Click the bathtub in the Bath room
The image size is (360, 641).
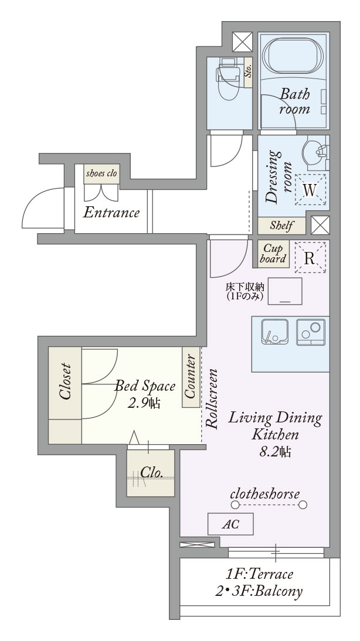pyautogui.click(x=293, y=56)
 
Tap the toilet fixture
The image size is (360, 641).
pyautogui.click(x=228, y=79)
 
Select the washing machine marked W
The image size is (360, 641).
pyautogui.click(x=311, y=189)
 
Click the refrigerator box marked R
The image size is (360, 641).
pyautogui.click(x=310, y=258)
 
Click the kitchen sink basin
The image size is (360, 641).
pyautogui.click(x=275, y=332)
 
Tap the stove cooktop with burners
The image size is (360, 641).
pyautogui.click(x=311, y=332)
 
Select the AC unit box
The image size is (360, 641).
pyautogui.click(x=230, y=524)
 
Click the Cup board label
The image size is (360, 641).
pyautogui.click(x=273, y=254)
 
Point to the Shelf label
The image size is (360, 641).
pyautogui.click(x=281, y=226)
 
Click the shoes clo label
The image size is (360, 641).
pyautogui.click(x=101, y=173)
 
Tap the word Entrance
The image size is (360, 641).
pyautogui.click(x=111, y=213)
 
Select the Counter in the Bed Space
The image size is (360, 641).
pyautogui.click(x=191, y=377)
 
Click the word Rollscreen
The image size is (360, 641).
pyautogui.click(x=212, y=399)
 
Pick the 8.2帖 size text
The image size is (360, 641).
pyautogui.click(x=275, y=452)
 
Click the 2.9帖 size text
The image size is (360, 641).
pyautogui.click(x=144, y=404)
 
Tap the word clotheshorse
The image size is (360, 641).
pyautogui.click(x=264, y=494)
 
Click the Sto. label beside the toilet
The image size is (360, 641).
pyautogui.click(x=248, y=72)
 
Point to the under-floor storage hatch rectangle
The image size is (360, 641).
pyautogui.click(x=285, y=291)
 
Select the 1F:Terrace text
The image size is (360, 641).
pyautogui.click(x=259, y=574)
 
